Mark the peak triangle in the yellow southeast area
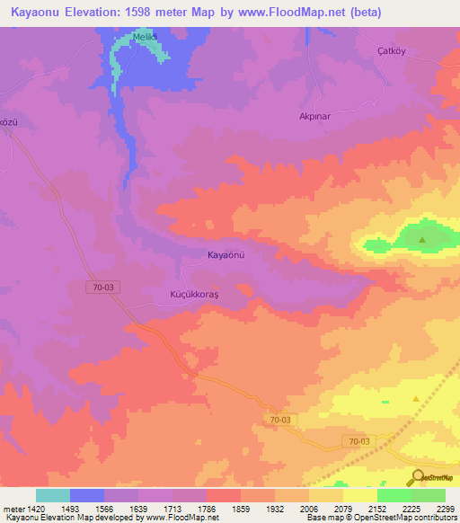415,398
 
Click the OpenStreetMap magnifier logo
417,477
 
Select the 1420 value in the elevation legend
32,508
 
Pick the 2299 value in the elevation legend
445,508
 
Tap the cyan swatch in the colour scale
53,495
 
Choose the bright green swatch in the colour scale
394,495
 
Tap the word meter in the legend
13,508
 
